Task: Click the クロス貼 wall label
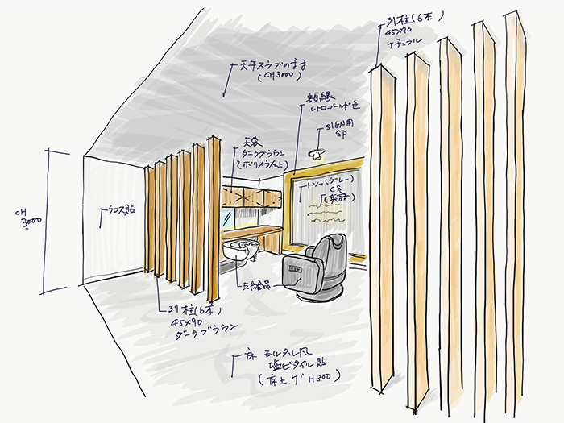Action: (x=122, y=209)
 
